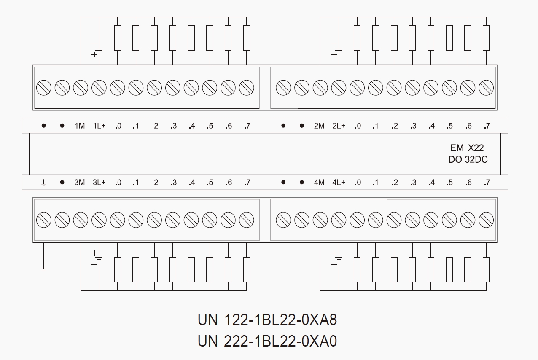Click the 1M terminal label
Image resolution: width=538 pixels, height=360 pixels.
[80, 126]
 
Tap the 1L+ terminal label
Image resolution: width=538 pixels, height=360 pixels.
[99, 126]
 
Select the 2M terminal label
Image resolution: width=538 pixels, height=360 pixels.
[319, 126]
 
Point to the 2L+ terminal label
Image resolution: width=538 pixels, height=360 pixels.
[339, 126]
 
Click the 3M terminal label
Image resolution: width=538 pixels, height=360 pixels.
[80, 183]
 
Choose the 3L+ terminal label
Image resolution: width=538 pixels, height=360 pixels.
[99, 183]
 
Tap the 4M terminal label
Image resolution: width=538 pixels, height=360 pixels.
[319, 183]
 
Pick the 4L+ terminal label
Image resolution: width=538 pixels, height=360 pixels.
[339, 183]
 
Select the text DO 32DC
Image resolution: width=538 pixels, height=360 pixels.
[468, 160]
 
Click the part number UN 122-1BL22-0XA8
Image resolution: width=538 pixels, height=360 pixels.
[267, 320]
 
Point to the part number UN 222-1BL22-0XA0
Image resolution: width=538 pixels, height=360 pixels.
[267, 341]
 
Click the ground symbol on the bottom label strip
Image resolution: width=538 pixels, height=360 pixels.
[43, 183]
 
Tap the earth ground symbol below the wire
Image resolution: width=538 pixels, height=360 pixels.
[43, 268]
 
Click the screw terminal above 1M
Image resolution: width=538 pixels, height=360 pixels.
[80, 88]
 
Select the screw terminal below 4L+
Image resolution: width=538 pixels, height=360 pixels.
[339, 220]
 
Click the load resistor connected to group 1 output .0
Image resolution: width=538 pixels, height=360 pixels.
[118, 38]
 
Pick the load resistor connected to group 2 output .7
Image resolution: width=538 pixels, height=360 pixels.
[486, 38]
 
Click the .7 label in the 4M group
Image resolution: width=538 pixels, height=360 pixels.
[487, 183]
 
